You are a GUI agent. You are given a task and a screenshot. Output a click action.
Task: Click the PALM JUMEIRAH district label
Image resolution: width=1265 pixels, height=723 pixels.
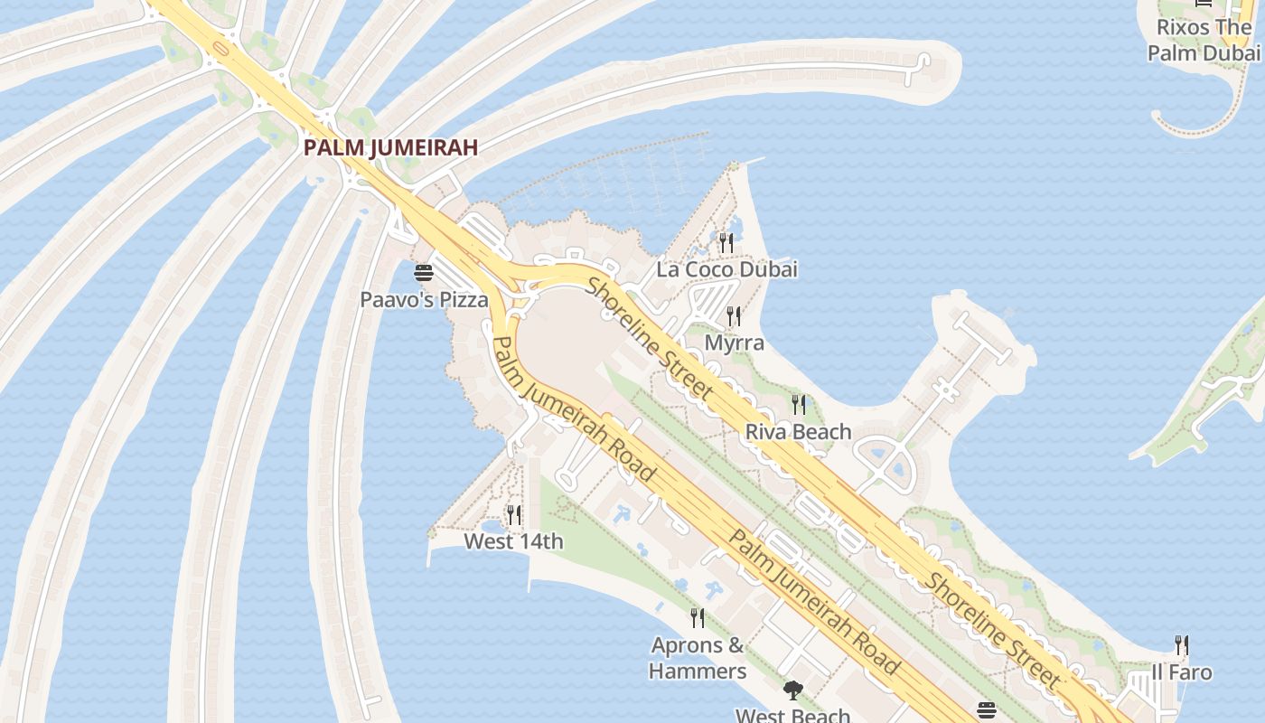[390, 147]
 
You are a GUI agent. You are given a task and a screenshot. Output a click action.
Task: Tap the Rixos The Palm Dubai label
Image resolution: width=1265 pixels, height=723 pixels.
[1204, 40]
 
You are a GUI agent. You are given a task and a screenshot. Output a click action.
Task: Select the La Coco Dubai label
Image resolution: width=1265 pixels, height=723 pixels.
[726, 269]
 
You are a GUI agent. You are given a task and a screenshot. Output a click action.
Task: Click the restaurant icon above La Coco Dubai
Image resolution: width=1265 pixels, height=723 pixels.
[726, 242]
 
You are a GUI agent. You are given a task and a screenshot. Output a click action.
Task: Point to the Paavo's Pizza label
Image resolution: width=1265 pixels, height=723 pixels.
[424, 299]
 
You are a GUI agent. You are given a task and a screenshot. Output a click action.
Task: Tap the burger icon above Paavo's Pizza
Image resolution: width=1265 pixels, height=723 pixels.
[424, 272]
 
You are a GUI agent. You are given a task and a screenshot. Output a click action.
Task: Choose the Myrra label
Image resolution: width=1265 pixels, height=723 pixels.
[734, 343]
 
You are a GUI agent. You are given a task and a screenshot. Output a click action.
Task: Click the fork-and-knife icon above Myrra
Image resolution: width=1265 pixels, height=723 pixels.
[734, 316]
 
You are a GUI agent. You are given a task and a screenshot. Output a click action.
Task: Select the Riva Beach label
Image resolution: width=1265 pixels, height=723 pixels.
[798, 432]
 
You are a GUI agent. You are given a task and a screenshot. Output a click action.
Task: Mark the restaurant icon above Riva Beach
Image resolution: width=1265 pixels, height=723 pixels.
[798, 404]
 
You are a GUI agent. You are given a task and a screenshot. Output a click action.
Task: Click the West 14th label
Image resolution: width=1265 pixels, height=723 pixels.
[513, 541]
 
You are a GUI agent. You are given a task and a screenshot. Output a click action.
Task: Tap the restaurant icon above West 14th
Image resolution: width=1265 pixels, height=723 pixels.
[513, 515]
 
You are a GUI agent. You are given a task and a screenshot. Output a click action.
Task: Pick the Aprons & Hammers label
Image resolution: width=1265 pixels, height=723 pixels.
[698, 658]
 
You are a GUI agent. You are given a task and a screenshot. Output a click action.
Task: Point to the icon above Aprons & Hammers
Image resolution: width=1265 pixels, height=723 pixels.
[698, 618]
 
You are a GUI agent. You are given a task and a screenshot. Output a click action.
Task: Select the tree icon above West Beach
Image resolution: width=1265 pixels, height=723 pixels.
[792, 691]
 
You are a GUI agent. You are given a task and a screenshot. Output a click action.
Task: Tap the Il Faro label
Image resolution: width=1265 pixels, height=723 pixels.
[1181, 672]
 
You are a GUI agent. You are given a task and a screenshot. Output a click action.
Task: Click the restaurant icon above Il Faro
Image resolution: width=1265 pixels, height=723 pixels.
[1181, 645]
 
